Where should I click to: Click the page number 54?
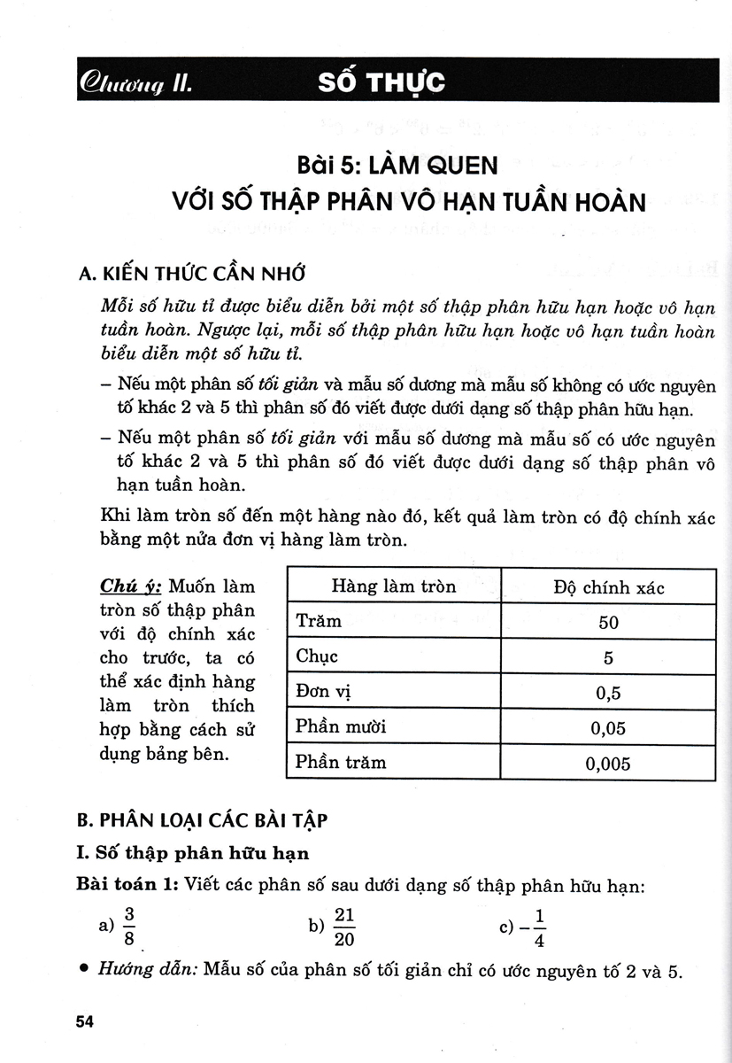(85, 1022)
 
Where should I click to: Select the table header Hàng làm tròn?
(393, 586)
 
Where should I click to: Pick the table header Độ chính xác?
(608, 587)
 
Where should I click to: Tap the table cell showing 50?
(608, 622)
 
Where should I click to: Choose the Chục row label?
(317, 656)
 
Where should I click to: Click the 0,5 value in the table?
(608, 693)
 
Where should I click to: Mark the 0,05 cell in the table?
(608, 728)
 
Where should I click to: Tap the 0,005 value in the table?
(608, 764)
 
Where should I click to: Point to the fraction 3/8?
(129, 927)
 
